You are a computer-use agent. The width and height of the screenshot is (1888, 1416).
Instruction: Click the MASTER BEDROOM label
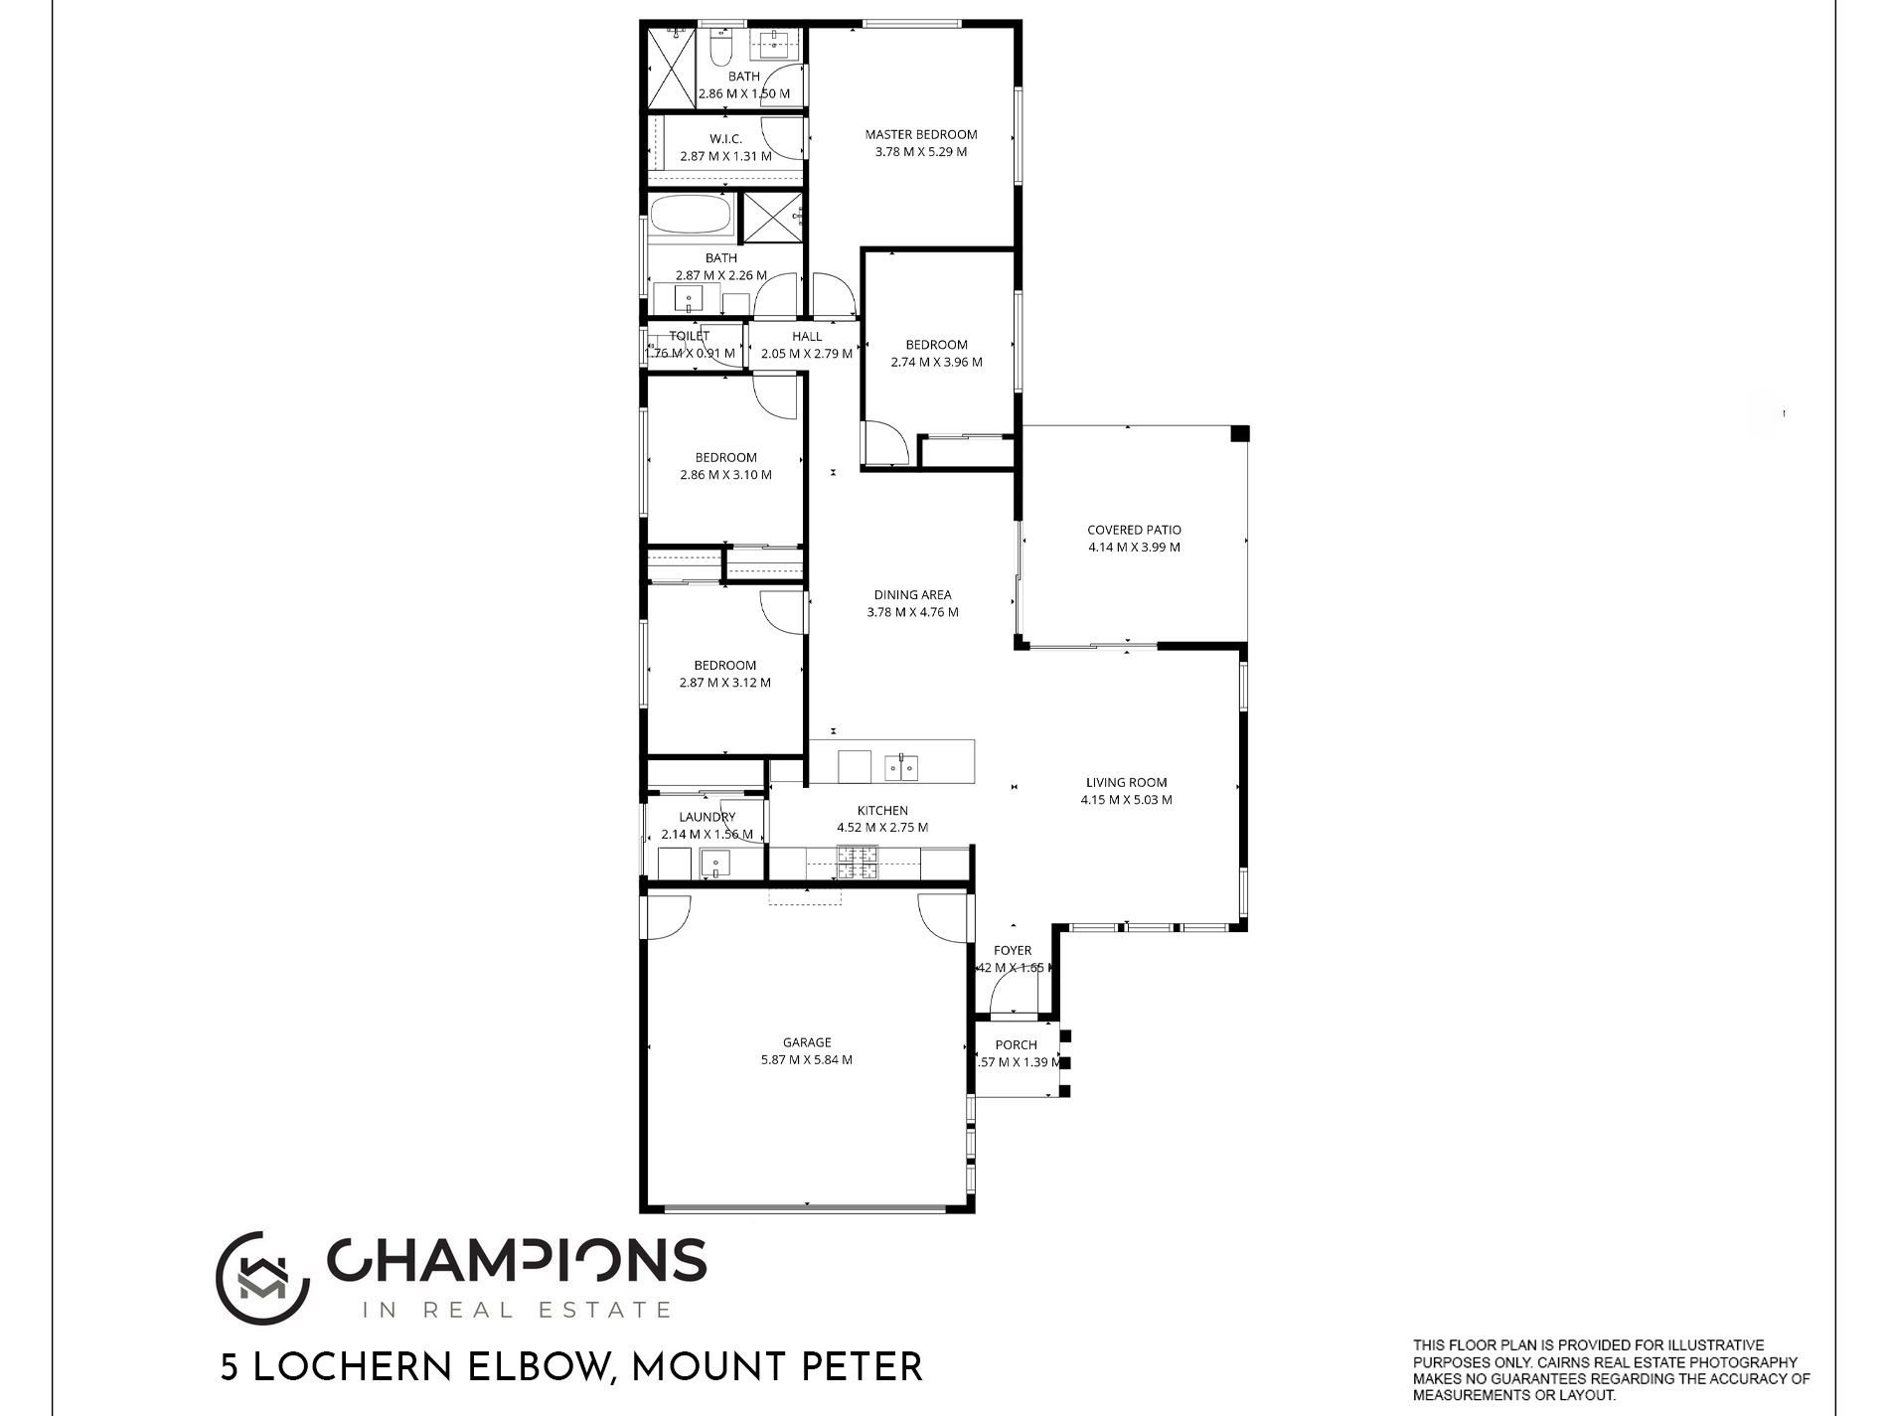[920, 134]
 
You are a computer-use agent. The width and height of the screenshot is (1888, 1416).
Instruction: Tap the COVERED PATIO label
[1134, 530]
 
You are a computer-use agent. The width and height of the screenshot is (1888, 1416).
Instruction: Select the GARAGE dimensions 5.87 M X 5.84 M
[806, 1059]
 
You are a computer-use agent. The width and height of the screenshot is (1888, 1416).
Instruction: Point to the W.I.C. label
[725, 139]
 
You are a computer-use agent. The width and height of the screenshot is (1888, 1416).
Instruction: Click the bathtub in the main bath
[692, 217]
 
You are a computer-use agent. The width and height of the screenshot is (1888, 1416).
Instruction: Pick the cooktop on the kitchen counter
[857, 863]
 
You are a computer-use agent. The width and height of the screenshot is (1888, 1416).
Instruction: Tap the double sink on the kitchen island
[902, 767]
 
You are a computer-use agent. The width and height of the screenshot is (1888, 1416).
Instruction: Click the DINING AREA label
[912, 595]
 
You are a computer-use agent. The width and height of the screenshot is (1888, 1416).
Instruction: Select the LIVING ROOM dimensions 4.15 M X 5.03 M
[1126, 799]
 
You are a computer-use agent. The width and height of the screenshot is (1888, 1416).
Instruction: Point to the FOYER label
[1013, 950]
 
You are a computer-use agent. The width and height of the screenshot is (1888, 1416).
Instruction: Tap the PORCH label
[1016, 1044]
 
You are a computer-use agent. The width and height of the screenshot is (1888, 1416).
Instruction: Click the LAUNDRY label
[707, 817]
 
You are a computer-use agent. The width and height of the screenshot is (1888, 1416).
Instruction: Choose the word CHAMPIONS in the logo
[516, 1261]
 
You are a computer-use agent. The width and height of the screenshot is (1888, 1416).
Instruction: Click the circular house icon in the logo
[260, 1279]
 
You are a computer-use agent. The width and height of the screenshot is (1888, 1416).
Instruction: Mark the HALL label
[807, 336]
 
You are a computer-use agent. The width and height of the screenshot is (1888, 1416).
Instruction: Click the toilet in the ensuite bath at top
[721, 46]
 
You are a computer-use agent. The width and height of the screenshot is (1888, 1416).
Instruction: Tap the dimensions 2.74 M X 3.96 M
[936, 362]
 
